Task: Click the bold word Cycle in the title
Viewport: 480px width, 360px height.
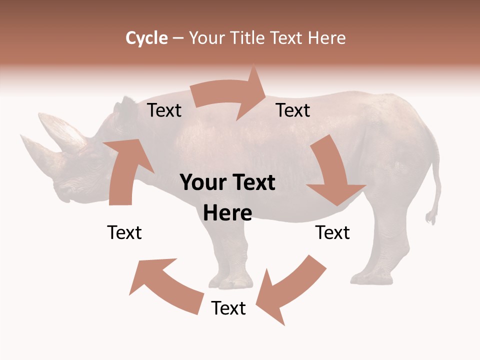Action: click(146, 38)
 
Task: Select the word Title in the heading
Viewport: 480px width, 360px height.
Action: click(250, 38)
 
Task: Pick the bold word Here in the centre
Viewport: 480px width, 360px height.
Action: click(227, 213)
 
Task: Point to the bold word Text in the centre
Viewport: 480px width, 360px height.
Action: click(252, 183)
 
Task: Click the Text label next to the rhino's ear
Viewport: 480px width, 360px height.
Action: click(164, 110)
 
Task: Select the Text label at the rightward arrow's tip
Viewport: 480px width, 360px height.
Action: click(293, 110)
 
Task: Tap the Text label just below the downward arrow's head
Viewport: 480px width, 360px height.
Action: click(332, 232)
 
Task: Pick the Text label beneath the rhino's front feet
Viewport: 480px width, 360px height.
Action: click(228, 308)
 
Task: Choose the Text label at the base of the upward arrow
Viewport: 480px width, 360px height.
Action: click(124, 232)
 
